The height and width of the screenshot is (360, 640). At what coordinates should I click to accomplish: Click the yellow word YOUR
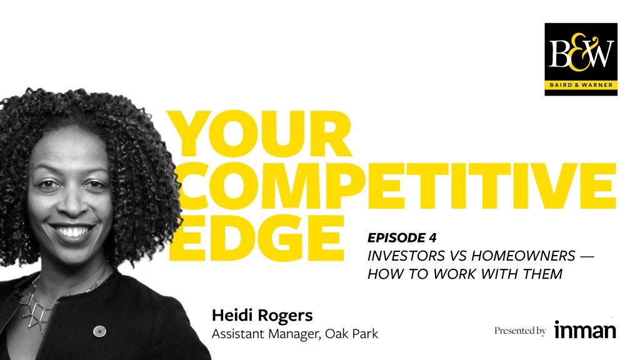259,134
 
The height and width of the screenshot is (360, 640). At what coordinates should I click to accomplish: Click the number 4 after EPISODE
432,237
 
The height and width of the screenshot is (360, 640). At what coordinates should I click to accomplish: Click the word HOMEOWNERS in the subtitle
523,256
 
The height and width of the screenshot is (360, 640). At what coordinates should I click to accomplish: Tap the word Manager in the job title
295,334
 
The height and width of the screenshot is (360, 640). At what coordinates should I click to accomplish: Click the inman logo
585,330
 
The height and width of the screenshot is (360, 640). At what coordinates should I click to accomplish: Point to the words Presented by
520,331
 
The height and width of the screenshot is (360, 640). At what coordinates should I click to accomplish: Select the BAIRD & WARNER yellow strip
581,85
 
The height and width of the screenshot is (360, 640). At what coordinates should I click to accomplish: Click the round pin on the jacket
99,331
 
